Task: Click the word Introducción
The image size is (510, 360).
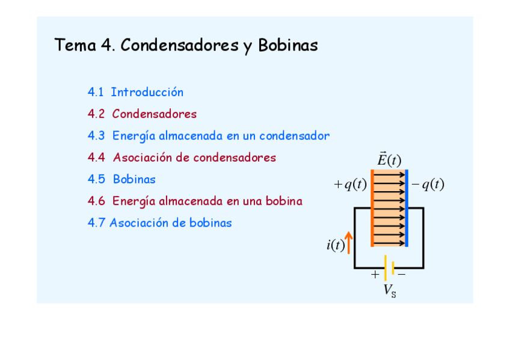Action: [x=147, y=93]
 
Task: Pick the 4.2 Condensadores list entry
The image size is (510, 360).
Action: [x=142, y=114]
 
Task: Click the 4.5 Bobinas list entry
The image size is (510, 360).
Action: [x=121, y=179]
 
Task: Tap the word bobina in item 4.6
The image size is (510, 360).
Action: [x=284, y=201]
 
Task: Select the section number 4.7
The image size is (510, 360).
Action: [x=96, y=223]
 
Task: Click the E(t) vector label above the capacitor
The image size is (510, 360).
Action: [x=389, y=160]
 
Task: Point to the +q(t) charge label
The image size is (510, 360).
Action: [x=350, y=185]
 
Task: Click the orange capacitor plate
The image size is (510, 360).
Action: [x=373, y=208]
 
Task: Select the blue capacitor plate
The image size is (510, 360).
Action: [x=407, y=208]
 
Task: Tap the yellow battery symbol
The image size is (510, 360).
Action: [x=389, y=267]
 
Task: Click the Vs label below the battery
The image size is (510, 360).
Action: [x=390, y=291]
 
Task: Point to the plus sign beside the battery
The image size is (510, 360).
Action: [x=375, y=275]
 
